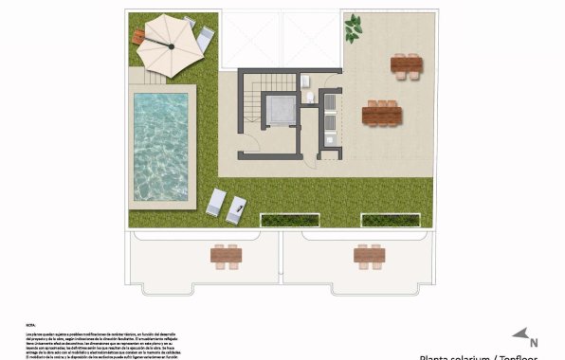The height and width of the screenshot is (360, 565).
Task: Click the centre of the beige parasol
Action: coord(172,45)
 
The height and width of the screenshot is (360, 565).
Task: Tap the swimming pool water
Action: coord(160,146)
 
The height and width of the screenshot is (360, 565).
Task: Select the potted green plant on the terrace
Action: coord(353,27)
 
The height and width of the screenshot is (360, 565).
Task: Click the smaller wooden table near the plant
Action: coord(408,65)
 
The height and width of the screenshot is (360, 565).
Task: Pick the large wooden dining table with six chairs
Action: coord(381,115)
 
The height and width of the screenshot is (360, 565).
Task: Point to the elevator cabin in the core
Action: coord(281,111)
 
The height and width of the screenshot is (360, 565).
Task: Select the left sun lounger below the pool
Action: coord(217,201)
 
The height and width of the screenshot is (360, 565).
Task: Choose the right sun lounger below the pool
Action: coord(236,208)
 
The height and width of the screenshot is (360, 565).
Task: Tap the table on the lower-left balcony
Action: coord(226,256)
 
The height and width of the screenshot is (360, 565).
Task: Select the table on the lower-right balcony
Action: coord(368,255)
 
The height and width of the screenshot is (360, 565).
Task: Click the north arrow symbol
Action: coord(519,333)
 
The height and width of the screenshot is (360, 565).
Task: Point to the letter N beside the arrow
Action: coord(535,342)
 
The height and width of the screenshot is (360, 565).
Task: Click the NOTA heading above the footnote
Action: coord(30,325)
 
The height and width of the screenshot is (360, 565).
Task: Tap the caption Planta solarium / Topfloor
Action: coord(478,357)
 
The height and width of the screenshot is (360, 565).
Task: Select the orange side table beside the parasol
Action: coord(140,37)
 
